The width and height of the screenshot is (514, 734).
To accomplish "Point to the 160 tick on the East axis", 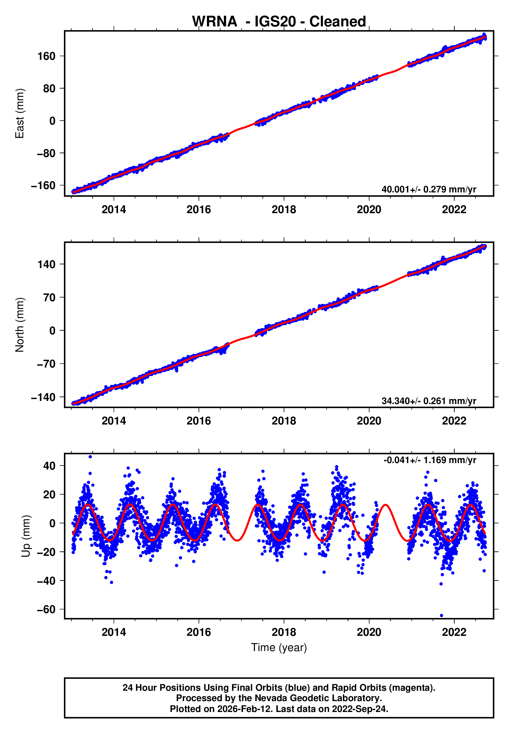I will coord(46,56).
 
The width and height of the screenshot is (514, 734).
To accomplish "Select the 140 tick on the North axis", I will coord(46,264).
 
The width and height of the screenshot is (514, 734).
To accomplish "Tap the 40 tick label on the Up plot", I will coord(49,466).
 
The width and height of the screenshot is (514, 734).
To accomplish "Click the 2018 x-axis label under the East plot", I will coord(284,210).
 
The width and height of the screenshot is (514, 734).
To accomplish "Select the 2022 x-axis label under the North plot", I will coord(454,421).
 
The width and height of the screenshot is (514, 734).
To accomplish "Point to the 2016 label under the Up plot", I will coord(199,632).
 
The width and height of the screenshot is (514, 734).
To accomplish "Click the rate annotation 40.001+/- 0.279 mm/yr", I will coord(429,189).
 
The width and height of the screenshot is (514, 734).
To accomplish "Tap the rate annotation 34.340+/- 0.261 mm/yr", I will coord(429,401).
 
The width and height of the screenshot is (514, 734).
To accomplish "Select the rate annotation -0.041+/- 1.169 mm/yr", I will coord(430,460).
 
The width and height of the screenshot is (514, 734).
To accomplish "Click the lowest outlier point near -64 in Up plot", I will coord(442,615).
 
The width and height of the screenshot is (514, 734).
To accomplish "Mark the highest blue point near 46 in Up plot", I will coord(90,457).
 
